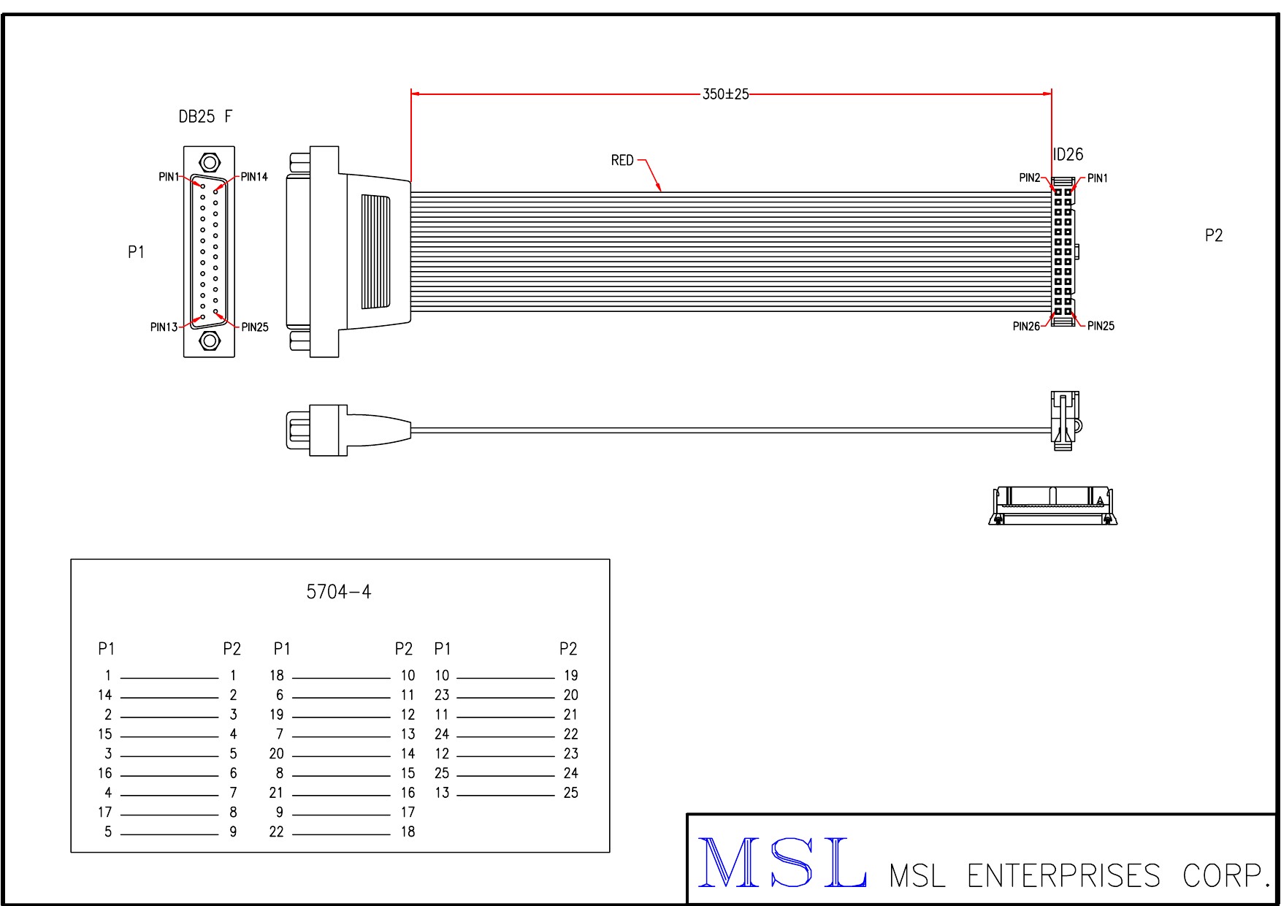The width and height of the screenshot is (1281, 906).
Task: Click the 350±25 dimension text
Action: click(725, 94)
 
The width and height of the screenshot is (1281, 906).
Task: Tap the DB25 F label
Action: click(205, 117)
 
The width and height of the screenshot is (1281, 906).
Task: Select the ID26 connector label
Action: click(1068, 155)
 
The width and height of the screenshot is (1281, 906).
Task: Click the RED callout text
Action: click(622, 161)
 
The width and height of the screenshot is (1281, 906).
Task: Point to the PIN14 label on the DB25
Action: click(254, 177)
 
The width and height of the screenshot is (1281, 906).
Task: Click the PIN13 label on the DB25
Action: click(164, 327)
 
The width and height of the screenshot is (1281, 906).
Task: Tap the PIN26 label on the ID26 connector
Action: click(1026, 327)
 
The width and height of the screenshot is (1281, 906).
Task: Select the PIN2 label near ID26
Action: click(1030, 178)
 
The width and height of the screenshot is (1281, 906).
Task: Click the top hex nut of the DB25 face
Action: click(210, 162)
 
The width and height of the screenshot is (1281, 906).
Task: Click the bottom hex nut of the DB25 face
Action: click(210, 340)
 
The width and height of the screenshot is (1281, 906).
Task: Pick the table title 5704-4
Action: click(339, 592)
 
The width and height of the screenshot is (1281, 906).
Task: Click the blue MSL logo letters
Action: click(782, 863)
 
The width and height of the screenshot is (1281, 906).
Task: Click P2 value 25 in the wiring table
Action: click(570, 793)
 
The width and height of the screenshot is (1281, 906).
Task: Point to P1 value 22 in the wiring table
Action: click(276, 831)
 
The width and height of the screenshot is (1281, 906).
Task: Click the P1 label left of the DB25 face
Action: click(136, 253)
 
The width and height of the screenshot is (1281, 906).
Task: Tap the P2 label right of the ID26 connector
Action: click(1213, 236)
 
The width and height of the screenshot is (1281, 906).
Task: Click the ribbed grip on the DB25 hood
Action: click(375, 251)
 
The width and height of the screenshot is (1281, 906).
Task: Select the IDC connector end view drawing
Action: click(1052, 506)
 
